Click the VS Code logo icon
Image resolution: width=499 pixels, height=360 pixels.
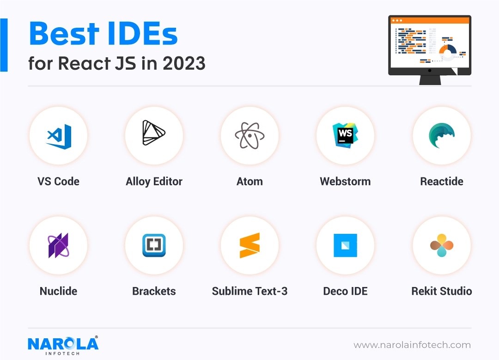(x=59, y=135)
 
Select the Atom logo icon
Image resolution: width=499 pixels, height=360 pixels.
(x=249, y=135)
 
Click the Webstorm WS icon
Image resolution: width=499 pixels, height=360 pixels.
(x=345, y=135)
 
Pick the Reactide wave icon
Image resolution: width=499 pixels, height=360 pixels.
(x=441, y=135)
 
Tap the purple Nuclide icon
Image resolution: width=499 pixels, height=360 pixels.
(x=59, y=245)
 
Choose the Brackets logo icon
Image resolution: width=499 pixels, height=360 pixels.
(x=154, y=245)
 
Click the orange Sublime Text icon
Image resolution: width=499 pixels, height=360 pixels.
(x=249, y=245)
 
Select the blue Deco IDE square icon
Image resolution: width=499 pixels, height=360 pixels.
(x=345, y=245)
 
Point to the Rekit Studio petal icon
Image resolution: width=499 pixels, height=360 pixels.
(x=441, y=245)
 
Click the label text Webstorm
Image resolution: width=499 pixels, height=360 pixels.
(x=345, y=182)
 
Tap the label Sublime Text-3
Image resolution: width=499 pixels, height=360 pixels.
(x=249, y=291)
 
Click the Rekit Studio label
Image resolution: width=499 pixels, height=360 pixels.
(x=441, y=291)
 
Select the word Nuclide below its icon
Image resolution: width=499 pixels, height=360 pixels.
(x=59, y=291)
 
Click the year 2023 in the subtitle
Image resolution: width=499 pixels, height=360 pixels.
(x=184, y=63)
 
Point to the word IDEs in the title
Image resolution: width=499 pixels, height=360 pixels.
(x=141, y=33)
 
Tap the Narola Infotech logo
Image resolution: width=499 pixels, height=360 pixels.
(x=63, y=344)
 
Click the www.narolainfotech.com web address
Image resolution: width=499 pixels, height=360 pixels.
(x=412, y=345)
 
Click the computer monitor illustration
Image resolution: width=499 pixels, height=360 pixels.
(x=429, y=49)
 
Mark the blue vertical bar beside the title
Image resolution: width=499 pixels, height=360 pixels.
(x=4, y=45)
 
